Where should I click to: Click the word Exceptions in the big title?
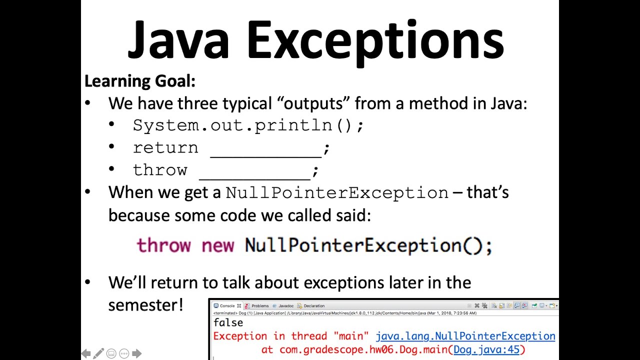click(x=375, y=40)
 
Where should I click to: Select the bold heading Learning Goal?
click(x=139, y=81)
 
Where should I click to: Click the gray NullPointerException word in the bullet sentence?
click(x=337, y=193)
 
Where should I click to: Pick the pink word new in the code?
click(x=217, y=245)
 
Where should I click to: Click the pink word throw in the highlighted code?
click(x=163, y=245)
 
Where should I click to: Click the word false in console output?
click(x=228, y=323)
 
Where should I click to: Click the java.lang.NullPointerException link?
click(x=465, y=336)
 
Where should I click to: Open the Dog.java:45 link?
click(x=486, y=349)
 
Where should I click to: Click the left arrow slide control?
click(x=86, y=354)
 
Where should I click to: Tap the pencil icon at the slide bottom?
click(x=98, y=354)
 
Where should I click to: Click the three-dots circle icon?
click(x=123, y=354)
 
